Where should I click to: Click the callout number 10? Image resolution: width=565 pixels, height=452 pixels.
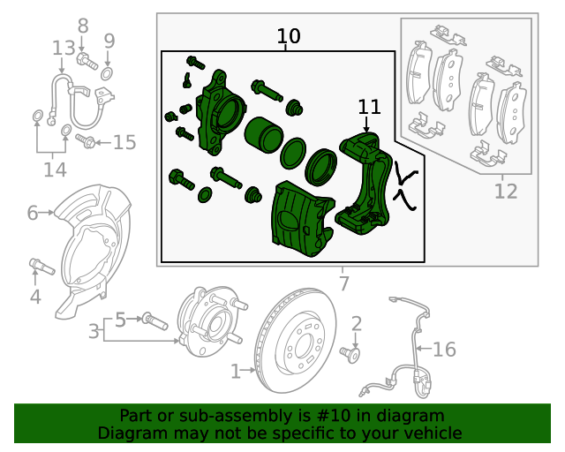289,37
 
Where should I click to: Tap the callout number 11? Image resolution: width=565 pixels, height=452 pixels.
369,107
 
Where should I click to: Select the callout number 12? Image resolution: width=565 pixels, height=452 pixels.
505,190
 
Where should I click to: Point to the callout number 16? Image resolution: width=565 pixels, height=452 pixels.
444,350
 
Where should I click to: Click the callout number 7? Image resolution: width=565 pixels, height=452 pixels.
343,283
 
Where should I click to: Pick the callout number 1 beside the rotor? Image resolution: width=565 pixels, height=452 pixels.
236,372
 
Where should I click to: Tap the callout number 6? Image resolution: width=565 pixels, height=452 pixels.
33,213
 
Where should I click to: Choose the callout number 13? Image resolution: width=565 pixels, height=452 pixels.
64,48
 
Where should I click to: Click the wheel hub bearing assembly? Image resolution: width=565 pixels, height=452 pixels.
207,322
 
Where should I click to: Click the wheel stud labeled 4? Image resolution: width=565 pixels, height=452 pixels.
41,267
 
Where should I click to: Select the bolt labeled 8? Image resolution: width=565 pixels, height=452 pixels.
87,61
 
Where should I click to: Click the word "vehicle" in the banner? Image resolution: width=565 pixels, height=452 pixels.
432,433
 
